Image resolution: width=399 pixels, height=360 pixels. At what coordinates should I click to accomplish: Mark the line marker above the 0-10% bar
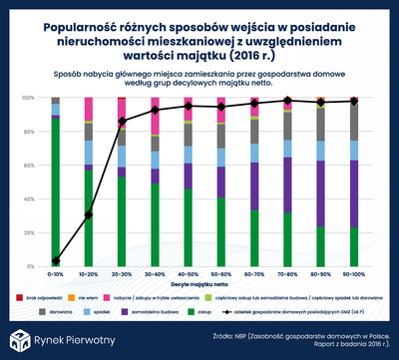pos(56,258)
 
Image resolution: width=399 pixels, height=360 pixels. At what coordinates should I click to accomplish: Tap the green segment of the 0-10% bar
pos(56,189)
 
